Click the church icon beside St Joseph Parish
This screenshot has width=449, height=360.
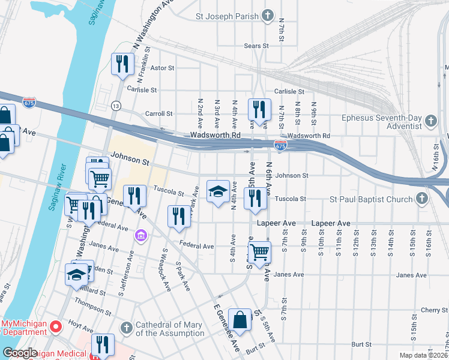click(x=268, y=16)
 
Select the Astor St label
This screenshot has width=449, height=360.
click(x=161, y=68)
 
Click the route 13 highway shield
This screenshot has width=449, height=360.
click(x=115, y=106)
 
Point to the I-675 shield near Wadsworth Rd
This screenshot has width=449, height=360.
click(x=280, y=145)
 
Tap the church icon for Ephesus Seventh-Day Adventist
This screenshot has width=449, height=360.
click(x=430, y=122)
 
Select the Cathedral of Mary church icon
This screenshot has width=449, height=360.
click(x=126, y=328)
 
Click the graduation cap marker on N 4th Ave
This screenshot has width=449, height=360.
click(x=217, y=192)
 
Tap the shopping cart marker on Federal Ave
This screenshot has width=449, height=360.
click(x=259, y=252)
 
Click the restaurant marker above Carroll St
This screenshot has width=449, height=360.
click(x=259, y=109)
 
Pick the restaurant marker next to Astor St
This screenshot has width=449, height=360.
click(x=122, y=64)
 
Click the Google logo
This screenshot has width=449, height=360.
click(x=20, y=353)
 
